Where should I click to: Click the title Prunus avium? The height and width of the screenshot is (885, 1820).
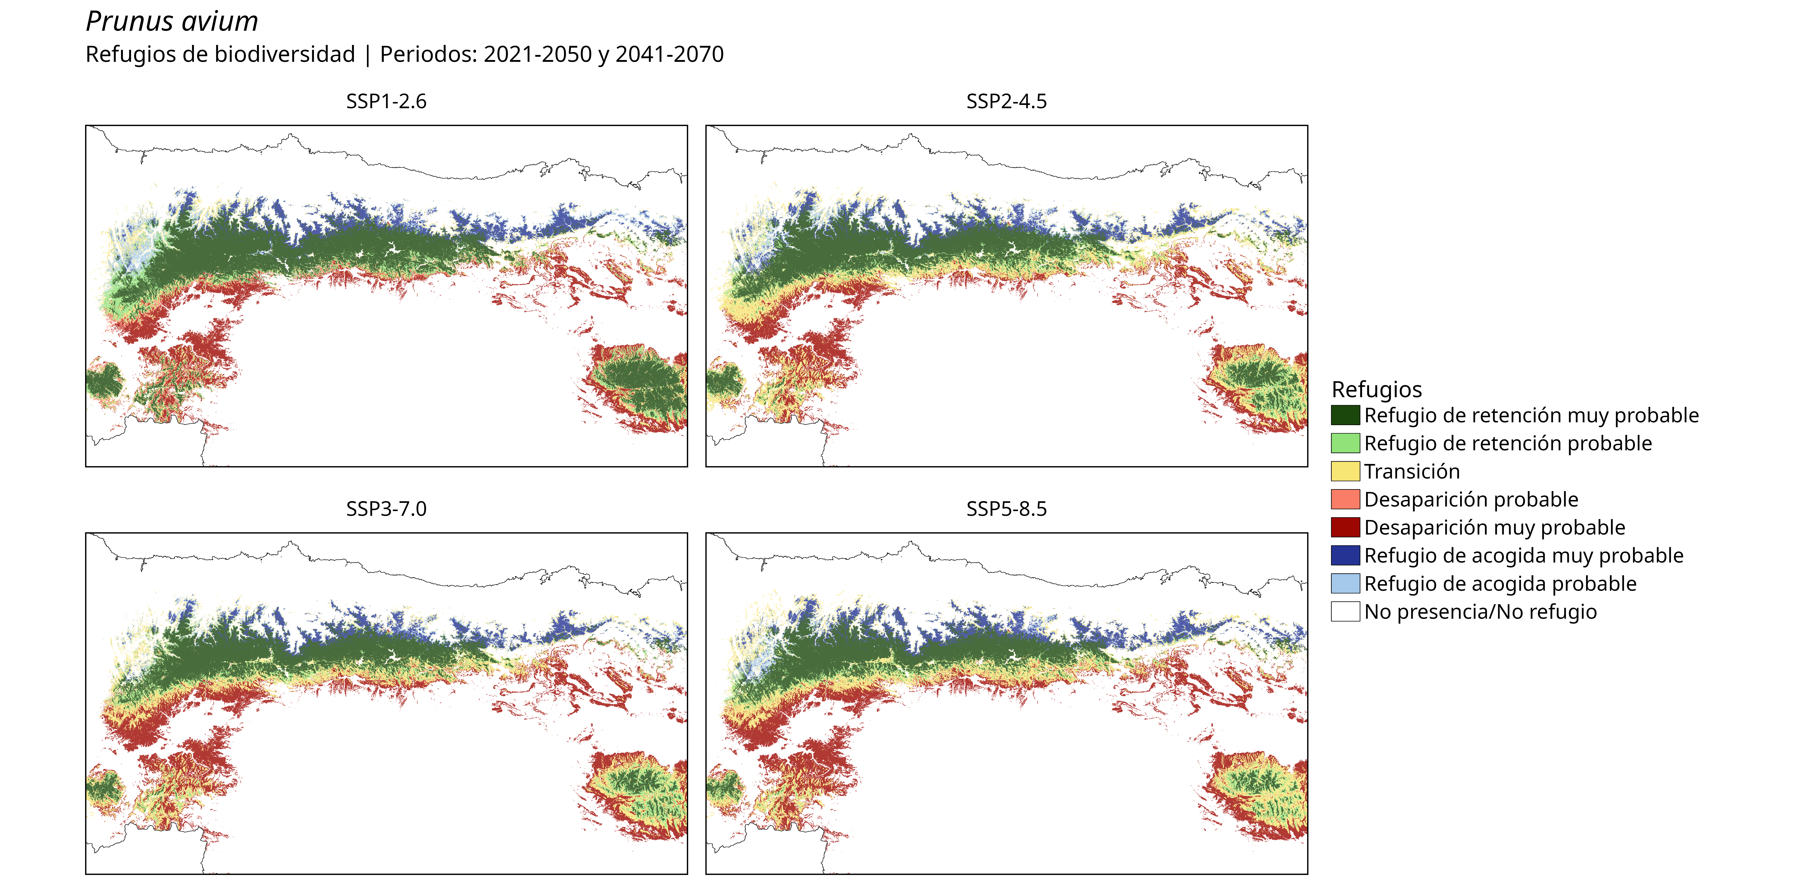pos(172,22)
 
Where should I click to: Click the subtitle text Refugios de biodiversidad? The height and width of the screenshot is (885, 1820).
pos(220,54)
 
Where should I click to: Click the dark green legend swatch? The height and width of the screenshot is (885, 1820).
pos(1345,415)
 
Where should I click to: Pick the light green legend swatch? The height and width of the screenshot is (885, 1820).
pos(1345,444)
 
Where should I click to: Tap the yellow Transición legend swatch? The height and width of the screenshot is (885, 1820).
pos(1345,471)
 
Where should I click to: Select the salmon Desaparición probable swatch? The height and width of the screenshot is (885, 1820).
pos(1345,499)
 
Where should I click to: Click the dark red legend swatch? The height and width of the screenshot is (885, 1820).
pos(1345,528)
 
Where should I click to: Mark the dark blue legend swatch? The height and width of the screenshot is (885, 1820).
pos(1345,556)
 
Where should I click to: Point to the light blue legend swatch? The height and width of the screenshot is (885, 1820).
pos(1345,583)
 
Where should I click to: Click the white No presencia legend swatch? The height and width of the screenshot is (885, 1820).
pos(1345,612)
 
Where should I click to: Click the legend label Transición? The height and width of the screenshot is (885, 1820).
pos(1412,472)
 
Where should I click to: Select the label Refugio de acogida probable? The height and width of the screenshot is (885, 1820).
pos(1500,584)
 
